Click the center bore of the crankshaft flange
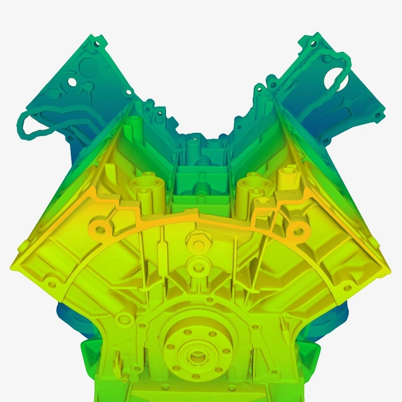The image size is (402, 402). [197, 356]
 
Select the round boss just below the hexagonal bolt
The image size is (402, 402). [199, 268]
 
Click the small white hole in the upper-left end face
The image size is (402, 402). [73, 82]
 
